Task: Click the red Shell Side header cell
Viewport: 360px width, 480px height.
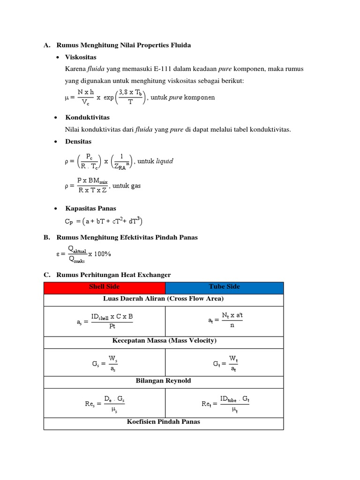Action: tap(104, 286)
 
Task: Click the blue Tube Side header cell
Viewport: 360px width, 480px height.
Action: tap(224, 286)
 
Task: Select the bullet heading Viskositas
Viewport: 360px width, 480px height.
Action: tap(81, 57)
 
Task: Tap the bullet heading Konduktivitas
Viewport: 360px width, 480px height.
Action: tap(87, 117)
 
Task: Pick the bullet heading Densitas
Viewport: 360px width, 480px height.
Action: tap(78, 141)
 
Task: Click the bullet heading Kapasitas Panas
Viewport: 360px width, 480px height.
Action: tap(90, 208)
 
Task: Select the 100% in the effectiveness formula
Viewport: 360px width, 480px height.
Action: tap(103, 254)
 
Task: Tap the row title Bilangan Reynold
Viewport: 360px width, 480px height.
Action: tap(163, 381)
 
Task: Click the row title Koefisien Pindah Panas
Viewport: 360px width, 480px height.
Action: tap(163, 421)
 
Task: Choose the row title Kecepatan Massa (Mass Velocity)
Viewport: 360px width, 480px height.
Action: tap(163, 340)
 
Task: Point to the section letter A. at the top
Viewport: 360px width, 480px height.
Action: tap(46, 45)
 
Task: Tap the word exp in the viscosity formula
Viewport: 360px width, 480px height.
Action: tap(109, 97)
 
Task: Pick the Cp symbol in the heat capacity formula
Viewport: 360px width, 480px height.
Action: tap(69, 221)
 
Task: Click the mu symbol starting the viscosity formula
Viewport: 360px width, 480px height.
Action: tap(66, 98)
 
